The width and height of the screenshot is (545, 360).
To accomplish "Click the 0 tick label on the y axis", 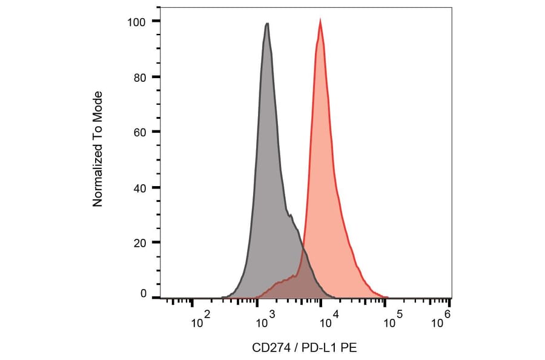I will [144, 294].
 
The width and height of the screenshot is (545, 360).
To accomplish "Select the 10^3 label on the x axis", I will [263, 321].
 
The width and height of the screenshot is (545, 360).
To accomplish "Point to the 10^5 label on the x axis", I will [392, 321].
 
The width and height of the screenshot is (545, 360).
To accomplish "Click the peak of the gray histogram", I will [266, 24].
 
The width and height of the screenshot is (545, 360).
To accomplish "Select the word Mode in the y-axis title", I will [97, 104].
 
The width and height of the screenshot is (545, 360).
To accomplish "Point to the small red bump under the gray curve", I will [282, 282].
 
